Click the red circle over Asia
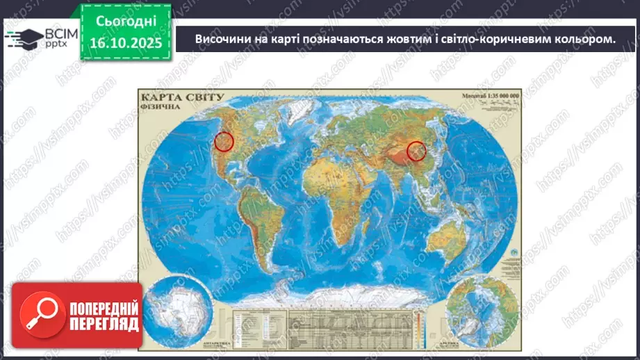click(x=416, y=151)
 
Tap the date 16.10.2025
click(x=125, y=42)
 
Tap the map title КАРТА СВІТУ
click(x=181, y=98)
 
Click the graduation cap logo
click(x=22, y=37)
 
